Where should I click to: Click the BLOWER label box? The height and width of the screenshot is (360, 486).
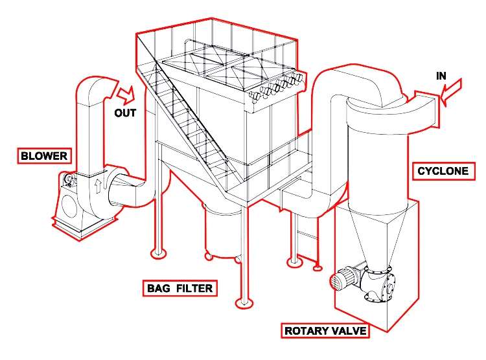click(43, 156)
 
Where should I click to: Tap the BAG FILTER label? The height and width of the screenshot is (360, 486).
click(179, 287)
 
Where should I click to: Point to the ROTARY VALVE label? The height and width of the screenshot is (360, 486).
click(326, 331)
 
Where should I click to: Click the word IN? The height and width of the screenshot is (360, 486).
click(441, 76)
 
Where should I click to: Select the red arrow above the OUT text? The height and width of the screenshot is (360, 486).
click(125, 93)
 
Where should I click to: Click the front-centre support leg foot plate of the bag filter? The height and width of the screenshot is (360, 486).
click(244, 302)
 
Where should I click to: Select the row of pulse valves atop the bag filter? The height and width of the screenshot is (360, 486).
click(275, 88)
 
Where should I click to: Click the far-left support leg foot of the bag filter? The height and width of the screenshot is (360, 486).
click(156, 251)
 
